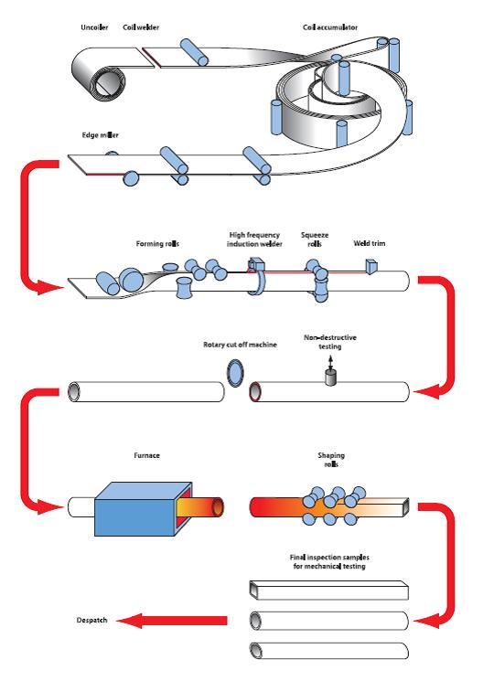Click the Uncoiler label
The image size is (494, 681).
tap(94, 27)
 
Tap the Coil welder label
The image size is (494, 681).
tap(141, 27)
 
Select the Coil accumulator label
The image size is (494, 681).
tap(330, 27)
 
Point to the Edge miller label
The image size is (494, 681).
tap(100, 135)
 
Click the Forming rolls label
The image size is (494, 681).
tap(157, 244)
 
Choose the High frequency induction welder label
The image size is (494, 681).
tap(254, 239)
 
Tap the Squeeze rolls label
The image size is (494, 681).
tap(315, 239)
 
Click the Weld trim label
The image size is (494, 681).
tap(370, 243)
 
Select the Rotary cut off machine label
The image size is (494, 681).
tap(240, 345)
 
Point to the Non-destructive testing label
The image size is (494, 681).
tap(329, 342)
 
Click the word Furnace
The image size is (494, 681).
tap(146, 455)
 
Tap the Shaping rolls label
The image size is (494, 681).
tap(331, 460)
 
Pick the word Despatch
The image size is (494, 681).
tap(91, 620)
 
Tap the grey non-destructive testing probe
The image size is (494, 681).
tap(331, 378)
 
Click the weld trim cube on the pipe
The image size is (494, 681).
tap(372, 266)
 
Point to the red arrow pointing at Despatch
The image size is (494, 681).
tap(172, 621)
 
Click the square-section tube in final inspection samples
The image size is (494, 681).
tap(329, 591)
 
